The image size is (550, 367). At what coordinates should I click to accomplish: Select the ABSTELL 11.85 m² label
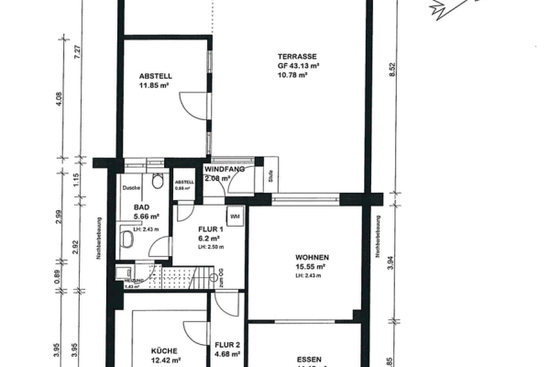click(x=156, y=76)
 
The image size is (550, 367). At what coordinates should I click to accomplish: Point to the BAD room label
click(x=141, y=208)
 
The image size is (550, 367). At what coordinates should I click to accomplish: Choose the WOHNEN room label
click(x=312, y=257)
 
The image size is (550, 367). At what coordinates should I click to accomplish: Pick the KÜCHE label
click(x=164, y=350)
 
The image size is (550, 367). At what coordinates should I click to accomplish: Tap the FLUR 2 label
click(x=225, y=345)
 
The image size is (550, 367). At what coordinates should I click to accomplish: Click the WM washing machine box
click(x=235, y=217)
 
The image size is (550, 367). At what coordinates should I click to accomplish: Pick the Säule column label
click(x=271, y=178)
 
